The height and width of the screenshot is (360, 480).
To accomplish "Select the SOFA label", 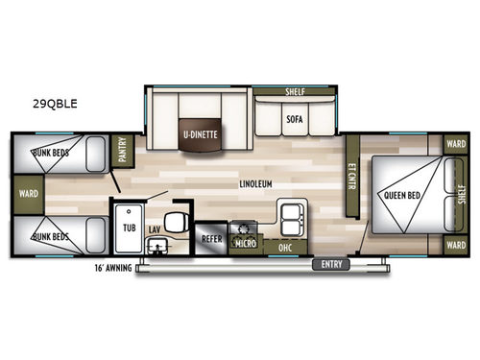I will [295, 120].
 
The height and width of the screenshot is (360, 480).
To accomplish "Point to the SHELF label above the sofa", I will [295, 93].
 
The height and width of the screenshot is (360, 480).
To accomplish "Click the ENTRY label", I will [331, 264].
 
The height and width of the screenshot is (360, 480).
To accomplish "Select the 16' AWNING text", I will [113, 268].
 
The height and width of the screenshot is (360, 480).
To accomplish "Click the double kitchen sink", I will [288, 214].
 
